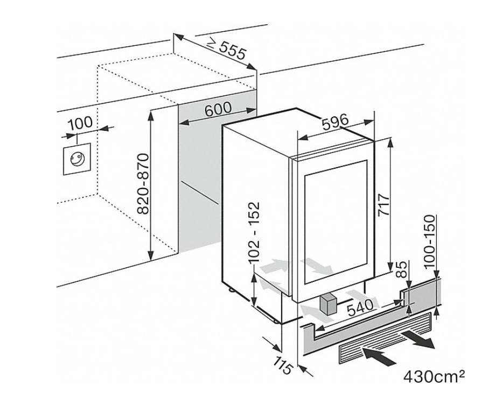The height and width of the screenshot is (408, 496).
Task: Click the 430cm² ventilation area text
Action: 434,376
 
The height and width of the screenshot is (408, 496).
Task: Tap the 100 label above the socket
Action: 79,123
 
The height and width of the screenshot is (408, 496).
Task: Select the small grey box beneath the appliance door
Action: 327,305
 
